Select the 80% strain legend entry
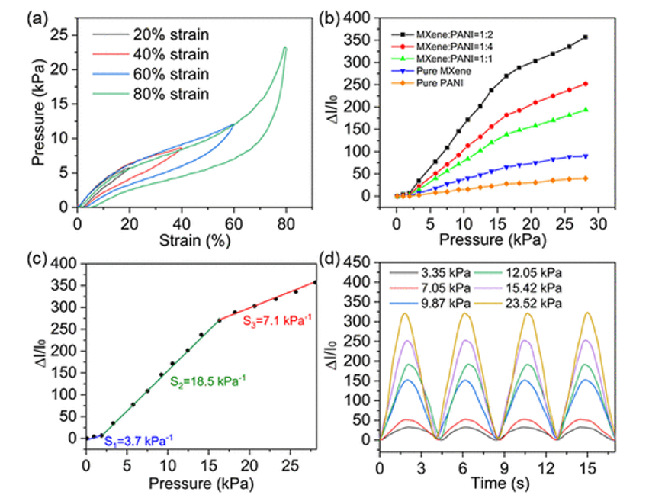(169, 94)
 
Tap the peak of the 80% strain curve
(284, 47)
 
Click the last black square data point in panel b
(586, 37)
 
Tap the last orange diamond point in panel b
(586, 178)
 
